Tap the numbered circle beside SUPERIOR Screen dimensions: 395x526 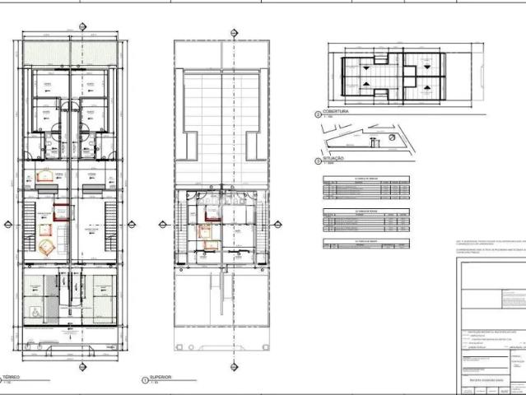coord(145,379)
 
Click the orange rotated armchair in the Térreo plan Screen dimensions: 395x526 coord(45,247)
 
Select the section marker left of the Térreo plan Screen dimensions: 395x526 coord(8,223)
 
